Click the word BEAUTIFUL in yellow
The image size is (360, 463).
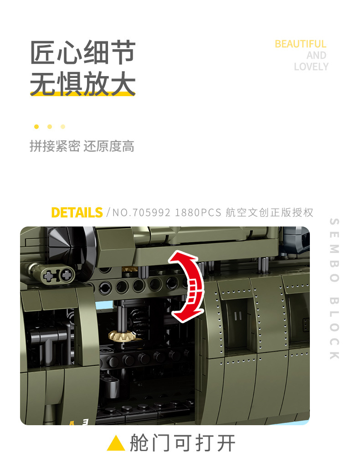click(x=300, y=44)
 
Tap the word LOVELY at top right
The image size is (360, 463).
click(x=311, y=67)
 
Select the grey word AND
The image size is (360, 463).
click(x=316, y=55)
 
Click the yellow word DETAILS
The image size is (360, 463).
click(x=77, y=213)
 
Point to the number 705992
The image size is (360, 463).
click(x=151, y=213)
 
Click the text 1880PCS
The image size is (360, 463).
click(x=198, y=213)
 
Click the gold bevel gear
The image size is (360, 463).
click(x=122, y=335)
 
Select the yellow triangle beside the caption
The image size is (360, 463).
click(x=116, y=443)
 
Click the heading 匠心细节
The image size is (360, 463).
click(x=82, y=52)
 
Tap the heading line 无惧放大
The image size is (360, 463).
click(x=82, y=83)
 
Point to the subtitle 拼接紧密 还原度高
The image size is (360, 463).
click(x=82, y=146)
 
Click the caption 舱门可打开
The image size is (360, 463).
click(x=183, y=443)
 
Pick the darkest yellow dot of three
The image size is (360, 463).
click(x=36, y=127)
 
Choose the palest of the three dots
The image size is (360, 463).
click(x=62, y=127)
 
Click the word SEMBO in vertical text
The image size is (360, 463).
click(x=334, y=250)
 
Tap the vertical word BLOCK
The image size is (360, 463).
click(x=334, y=329)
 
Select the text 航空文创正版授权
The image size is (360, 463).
click(x=269, y=213)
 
